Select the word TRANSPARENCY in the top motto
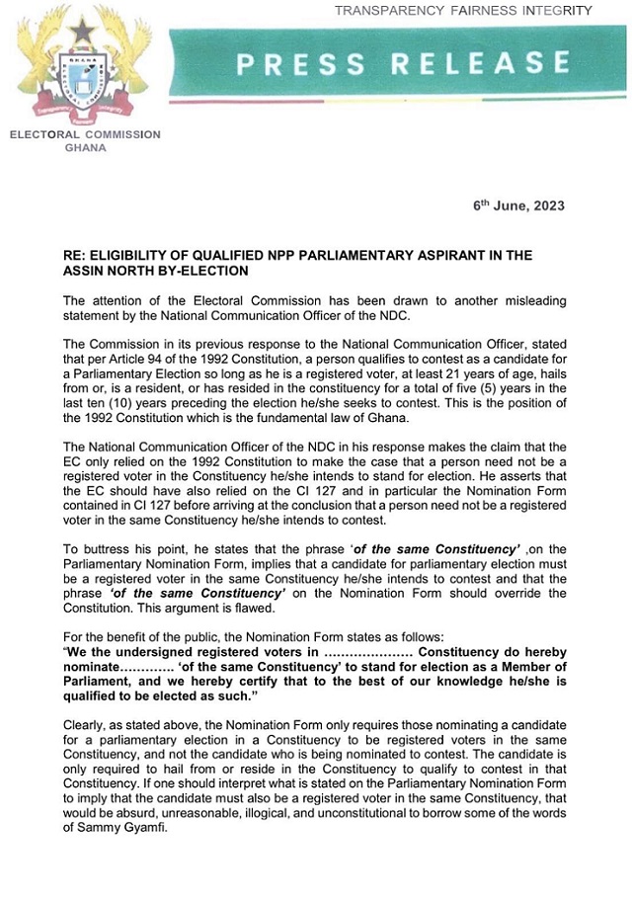pyautogui.click(x=387, y=11)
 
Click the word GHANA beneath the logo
pyautogui.click(x=85, y=148)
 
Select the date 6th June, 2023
pyautogui.click(x=519, y=206)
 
